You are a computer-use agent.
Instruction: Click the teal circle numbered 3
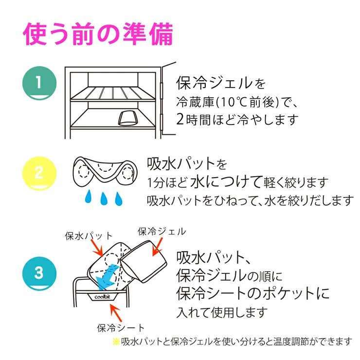39,272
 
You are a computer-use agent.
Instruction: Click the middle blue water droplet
103,198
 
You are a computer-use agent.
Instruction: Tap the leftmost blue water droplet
88,197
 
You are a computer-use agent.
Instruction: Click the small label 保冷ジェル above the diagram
162,232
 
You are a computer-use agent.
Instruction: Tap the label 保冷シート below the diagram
121,327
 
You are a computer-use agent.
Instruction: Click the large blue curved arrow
106,275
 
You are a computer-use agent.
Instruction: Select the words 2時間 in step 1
195,119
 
